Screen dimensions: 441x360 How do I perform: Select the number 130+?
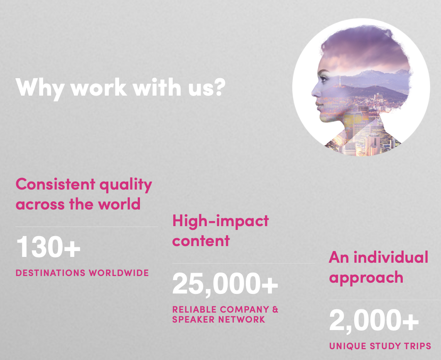click(48, 247)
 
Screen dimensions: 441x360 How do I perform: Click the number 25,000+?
click(225, 284)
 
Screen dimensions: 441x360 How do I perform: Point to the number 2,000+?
click(374, 321)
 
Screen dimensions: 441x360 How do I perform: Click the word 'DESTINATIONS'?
click(51, 273)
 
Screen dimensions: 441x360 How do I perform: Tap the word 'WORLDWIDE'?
click(119, 273)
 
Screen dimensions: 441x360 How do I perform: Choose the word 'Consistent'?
click(55, 184)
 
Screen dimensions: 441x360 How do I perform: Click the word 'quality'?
click(126, 186)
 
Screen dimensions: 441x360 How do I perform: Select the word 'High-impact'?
click(220, 221)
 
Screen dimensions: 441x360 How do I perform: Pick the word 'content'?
click(201, 241)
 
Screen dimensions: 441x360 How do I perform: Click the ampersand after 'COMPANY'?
click(275, 309)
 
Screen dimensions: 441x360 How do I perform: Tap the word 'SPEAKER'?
click(194, 319)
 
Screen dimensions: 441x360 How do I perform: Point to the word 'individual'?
click(391, 258)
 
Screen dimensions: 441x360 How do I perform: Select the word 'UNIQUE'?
click(348, 346)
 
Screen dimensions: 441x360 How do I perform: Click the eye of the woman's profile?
click(324, 78)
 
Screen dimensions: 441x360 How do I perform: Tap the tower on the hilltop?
click(341, 80)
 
